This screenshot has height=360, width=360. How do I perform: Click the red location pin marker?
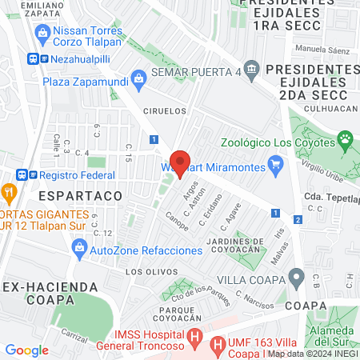(x=181, y=162)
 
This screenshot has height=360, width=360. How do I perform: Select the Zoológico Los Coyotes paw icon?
(x=346, y=142)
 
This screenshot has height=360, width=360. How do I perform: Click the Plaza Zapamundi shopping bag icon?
(x=139, y=78)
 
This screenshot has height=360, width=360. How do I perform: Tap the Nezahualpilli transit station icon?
(x=33, y=58)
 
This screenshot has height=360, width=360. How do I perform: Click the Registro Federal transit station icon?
(x=22, y=174)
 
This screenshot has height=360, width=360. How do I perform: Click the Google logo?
(x=26, y=350)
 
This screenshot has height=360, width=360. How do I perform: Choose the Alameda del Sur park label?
(x=331, y=339)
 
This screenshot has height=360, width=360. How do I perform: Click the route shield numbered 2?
(x=298, y=219)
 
